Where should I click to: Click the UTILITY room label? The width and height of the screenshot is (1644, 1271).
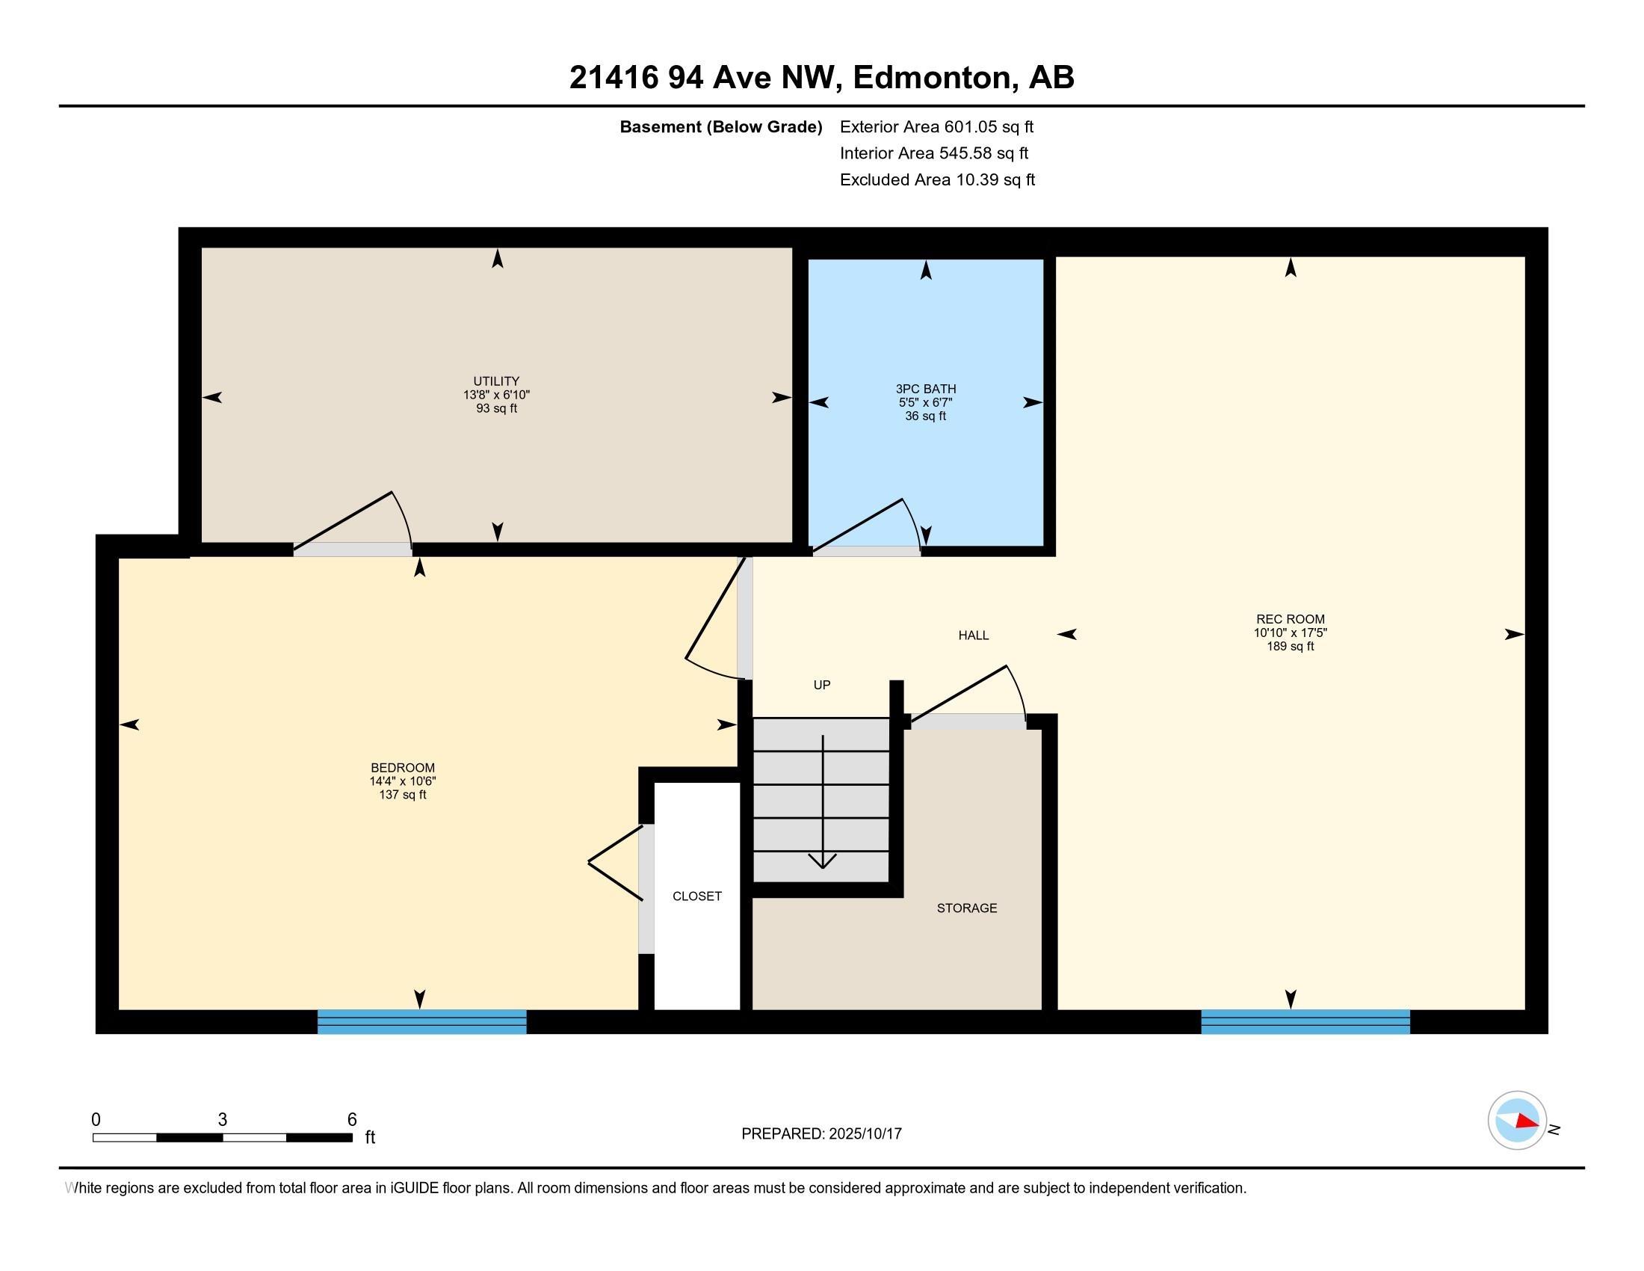pos(496,381)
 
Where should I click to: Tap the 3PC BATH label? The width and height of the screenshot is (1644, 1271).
pos(926,389)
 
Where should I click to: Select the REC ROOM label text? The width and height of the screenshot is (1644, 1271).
pos(1291,620)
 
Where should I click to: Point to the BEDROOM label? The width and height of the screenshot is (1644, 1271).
pos(403,768)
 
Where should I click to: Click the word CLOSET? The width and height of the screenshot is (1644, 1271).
pos(697,896)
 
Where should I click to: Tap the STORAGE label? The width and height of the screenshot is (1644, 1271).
pos(966,908)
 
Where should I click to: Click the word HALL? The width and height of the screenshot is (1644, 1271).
pos(973,635)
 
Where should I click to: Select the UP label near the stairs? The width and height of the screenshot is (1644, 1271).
pos(822,685)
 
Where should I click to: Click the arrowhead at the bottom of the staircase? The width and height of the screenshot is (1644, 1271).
pos(823,861)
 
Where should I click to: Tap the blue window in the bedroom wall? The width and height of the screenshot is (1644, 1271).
pos(421,1022)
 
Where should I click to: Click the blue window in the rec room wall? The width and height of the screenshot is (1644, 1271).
pos(1305,1022)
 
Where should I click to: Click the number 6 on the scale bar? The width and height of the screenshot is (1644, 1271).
pos(351,1120)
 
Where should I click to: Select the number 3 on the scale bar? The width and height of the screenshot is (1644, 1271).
pos(222,1120)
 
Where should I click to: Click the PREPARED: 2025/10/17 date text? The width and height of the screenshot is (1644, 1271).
pos(821,1134)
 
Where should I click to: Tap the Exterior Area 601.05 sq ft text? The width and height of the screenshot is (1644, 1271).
pos(936,127)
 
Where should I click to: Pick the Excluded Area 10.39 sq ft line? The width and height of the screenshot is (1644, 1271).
pos(937,180)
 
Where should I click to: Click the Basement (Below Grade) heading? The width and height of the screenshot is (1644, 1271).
pos(720,127)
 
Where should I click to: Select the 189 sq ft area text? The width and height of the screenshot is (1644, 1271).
pos(1291,646)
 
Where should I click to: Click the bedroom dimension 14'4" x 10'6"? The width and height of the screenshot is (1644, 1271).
pos(403,781)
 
